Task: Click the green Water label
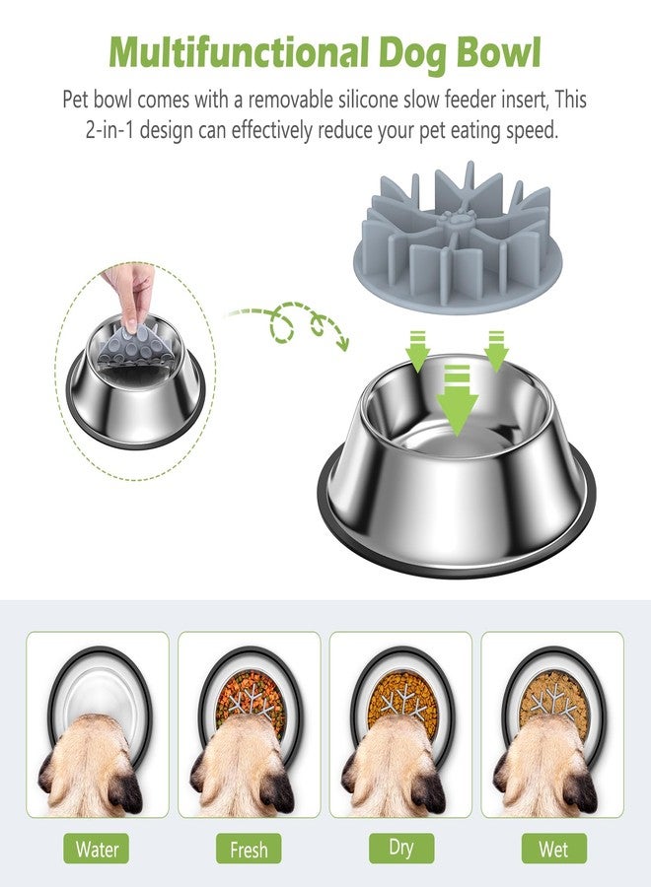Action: [97, 849]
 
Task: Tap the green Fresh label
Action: [249, 849]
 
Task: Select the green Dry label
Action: [400, 848]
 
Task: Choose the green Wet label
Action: [553, 849]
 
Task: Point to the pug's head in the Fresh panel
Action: [241, 764]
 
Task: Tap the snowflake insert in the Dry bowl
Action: [403, 703]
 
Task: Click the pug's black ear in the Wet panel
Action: [581, 790]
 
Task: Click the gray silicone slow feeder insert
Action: [458, 238]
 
